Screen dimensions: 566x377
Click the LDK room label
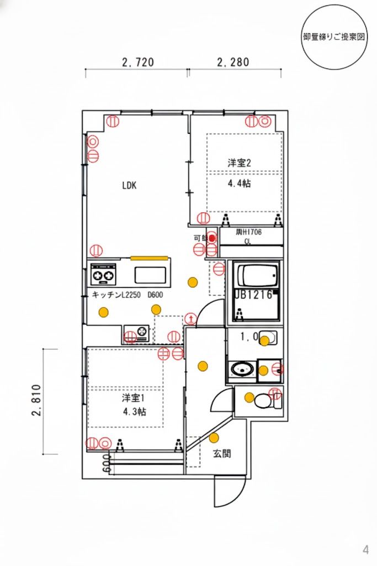pyautogui.click(x=129, y=186)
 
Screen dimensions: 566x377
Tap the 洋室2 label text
pyautogui.click(x=240, y=163)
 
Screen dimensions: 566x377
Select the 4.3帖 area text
pyautogui.click(x=134, y=411)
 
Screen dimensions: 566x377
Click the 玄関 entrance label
pyautogui.click(x=222, y=454)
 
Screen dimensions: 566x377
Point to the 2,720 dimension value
pyautogui.click(x=137, y=62)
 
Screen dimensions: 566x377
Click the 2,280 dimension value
pyautogui.click(x=233, y=62)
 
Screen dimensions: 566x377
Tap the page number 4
pyautogui.click(x=365, y=549)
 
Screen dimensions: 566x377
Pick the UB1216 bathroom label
pyautogui.click(x=254, y=295)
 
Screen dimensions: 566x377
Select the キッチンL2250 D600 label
pyautogui.click(x=127, y=295)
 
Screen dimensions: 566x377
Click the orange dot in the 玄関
pyautogui.click(x=214, y=438)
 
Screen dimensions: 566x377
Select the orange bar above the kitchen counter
pyautogui.click(x=149, y=257)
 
